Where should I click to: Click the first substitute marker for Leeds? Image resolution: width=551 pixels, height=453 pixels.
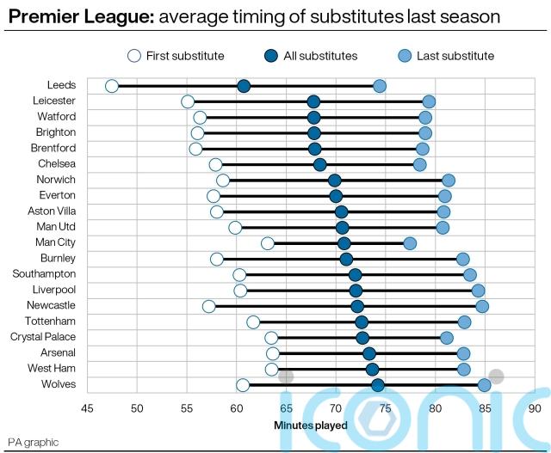(x=112, y=86)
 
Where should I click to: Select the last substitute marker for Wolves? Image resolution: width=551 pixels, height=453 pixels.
(x=485, y=384)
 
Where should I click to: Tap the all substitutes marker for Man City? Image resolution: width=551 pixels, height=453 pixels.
(x=344, y=243)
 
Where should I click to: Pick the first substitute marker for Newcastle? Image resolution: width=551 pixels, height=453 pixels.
(x=209, y=306)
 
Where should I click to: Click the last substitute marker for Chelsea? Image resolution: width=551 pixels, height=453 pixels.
(x=419, y=164)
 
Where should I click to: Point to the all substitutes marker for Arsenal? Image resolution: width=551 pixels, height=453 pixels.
(x=369, y=353)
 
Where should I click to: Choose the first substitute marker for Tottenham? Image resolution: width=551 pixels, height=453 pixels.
(x=253, y=322)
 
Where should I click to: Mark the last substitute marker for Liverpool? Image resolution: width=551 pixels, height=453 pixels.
(x=478, y=291)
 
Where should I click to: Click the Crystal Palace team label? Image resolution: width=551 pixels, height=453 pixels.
(x=46, y=337)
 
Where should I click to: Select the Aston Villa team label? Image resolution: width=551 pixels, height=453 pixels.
(x=51, y=211)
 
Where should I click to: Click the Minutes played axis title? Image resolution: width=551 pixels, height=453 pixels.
(x=311, y=425)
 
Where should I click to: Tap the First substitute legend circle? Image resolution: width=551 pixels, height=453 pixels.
(x=133, y=56)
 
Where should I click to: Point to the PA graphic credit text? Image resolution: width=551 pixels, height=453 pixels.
(x=34, y=442)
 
